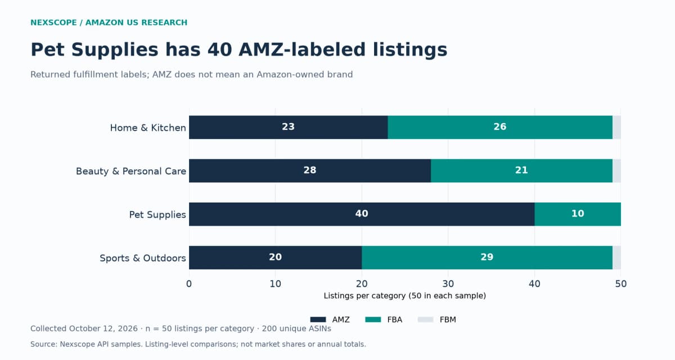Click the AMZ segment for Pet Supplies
point(362,214)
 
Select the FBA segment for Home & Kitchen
point(500,127)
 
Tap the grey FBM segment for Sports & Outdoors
point(616,258)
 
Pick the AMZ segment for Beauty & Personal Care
point(310,171)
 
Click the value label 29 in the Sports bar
point(487,257)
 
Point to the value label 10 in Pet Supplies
point(578,214)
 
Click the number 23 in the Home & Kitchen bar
point(288,127)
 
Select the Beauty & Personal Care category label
point(130,171)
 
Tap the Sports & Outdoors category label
point(142,258)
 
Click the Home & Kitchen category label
point(148,128)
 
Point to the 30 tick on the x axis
point(448,284)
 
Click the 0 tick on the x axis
point(189,284)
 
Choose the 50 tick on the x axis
point(621,284)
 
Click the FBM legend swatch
point(425,319)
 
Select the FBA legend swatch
point(373,319)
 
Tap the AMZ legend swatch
point(318,319)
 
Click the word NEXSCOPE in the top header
point(53,22)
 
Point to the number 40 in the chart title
point(220,49)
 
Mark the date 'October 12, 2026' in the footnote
point(103,328)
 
